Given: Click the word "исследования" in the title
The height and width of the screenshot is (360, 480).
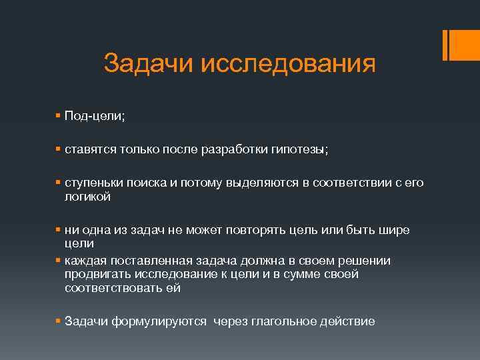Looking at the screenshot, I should click(x=287, y=64).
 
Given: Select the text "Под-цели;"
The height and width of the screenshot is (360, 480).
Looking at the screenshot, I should click(x=95, y=116).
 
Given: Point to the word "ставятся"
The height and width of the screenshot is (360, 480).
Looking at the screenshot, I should click(x=89, y=150).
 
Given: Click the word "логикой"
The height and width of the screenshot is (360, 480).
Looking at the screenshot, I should click(x=87, y=197).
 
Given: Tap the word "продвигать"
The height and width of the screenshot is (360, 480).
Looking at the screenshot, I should click(x=96, y=274).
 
